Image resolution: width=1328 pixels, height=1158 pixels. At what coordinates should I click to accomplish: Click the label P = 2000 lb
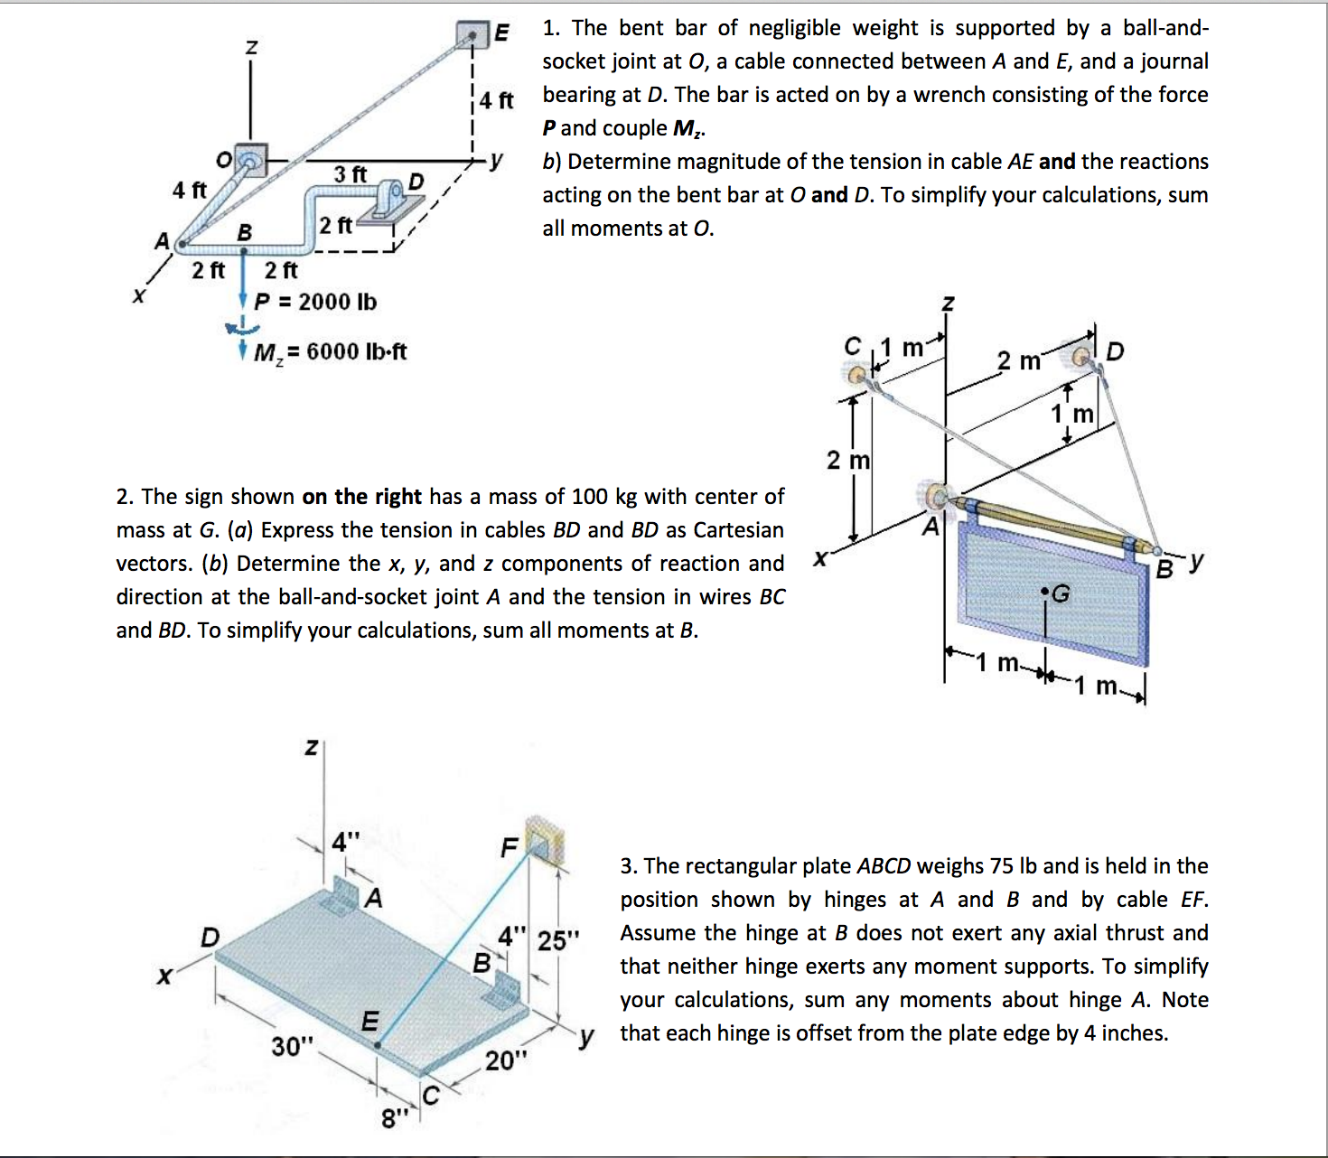tap(315, 302)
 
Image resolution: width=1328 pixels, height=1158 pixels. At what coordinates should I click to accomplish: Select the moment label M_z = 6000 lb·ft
tap(330, 351)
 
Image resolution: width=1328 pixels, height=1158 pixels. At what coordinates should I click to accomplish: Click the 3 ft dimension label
tap(350, 173)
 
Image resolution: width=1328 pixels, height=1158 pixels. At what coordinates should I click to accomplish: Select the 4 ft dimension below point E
tap(496, 99)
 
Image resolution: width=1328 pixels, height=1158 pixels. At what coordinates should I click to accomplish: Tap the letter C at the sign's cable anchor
tap(852, 347)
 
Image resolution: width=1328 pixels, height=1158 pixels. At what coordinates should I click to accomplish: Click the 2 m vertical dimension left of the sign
tap(848, 461)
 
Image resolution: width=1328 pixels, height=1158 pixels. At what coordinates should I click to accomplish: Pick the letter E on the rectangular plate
tap(369, 1021)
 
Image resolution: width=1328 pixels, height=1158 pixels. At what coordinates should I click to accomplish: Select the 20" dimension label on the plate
tap(506, 1060)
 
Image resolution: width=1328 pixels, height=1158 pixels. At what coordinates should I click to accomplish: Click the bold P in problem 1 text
tap(549, 128)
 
